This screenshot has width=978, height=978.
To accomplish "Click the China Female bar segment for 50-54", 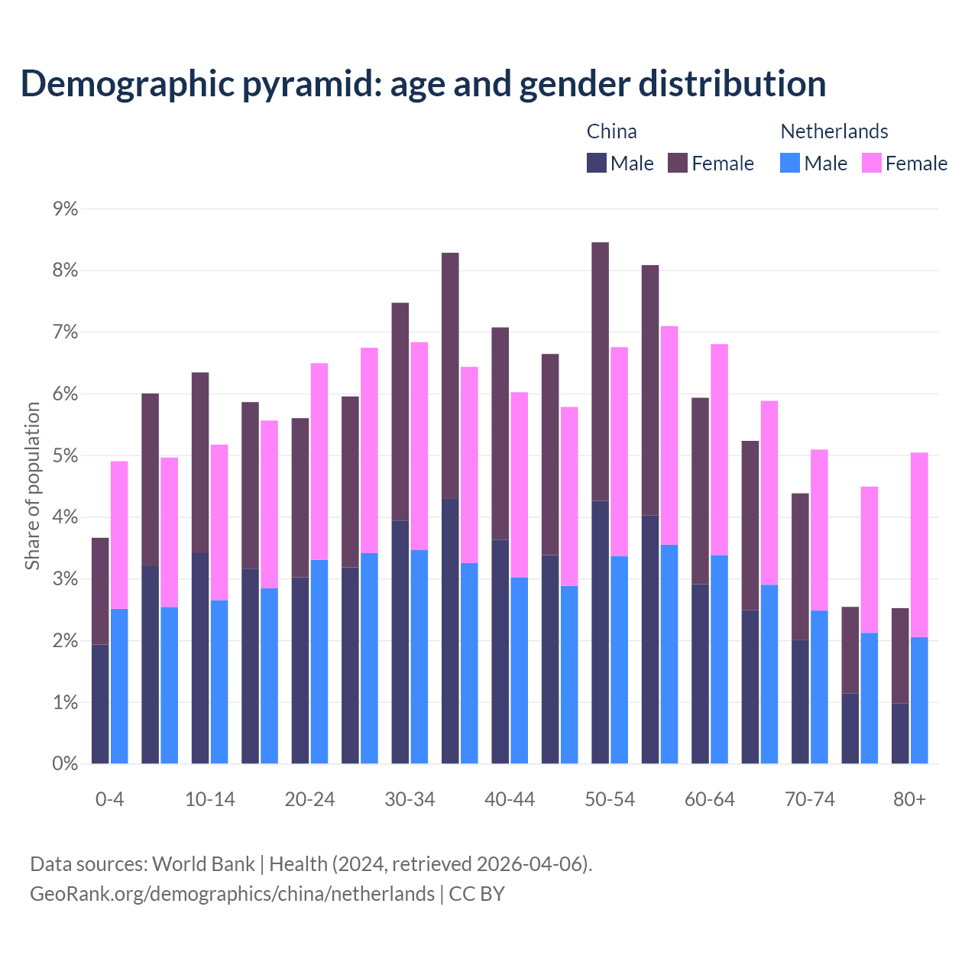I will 601,371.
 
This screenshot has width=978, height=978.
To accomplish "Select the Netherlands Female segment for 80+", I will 919,545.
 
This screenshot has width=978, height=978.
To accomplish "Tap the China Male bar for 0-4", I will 100,704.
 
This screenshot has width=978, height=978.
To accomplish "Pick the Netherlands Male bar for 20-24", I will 319,662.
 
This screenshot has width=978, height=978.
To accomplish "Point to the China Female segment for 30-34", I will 400,412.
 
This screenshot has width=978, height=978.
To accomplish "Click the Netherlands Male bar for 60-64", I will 719,659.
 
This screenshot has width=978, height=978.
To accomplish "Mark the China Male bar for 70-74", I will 800,701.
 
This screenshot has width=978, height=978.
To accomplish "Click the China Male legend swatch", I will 597,163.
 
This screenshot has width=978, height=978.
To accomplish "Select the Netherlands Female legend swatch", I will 872,163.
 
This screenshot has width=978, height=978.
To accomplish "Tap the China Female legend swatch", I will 678,163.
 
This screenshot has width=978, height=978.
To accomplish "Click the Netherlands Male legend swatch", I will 790,163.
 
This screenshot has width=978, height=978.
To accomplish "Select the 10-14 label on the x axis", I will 210,799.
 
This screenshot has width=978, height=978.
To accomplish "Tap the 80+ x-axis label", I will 909,799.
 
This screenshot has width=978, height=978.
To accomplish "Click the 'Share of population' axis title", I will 32,486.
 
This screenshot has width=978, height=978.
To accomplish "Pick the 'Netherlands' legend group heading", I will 834,131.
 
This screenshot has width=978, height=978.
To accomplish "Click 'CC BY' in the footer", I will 477,893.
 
